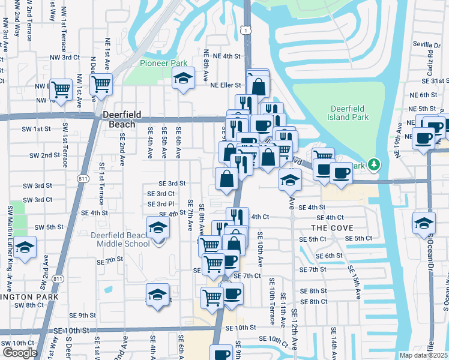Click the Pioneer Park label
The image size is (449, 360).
(163, 63)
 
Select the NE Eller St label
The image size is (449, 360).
(225, 85)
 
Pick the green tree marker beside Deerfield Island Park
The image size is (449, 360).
(374, 164)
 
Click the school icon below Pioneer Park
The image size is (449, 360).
(184, 78)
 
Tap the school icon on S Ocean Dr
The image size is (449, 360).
(424, 223)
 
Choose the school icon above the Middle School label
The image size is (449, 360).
(158, 227)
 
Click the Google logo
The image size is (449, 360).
(20, 353)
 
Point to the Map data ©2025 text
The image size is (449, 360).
(423, 355)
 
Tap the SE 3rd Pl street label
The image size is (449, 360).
(161, 204)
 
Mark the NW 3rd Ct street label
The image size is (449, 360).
(65, 57)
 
